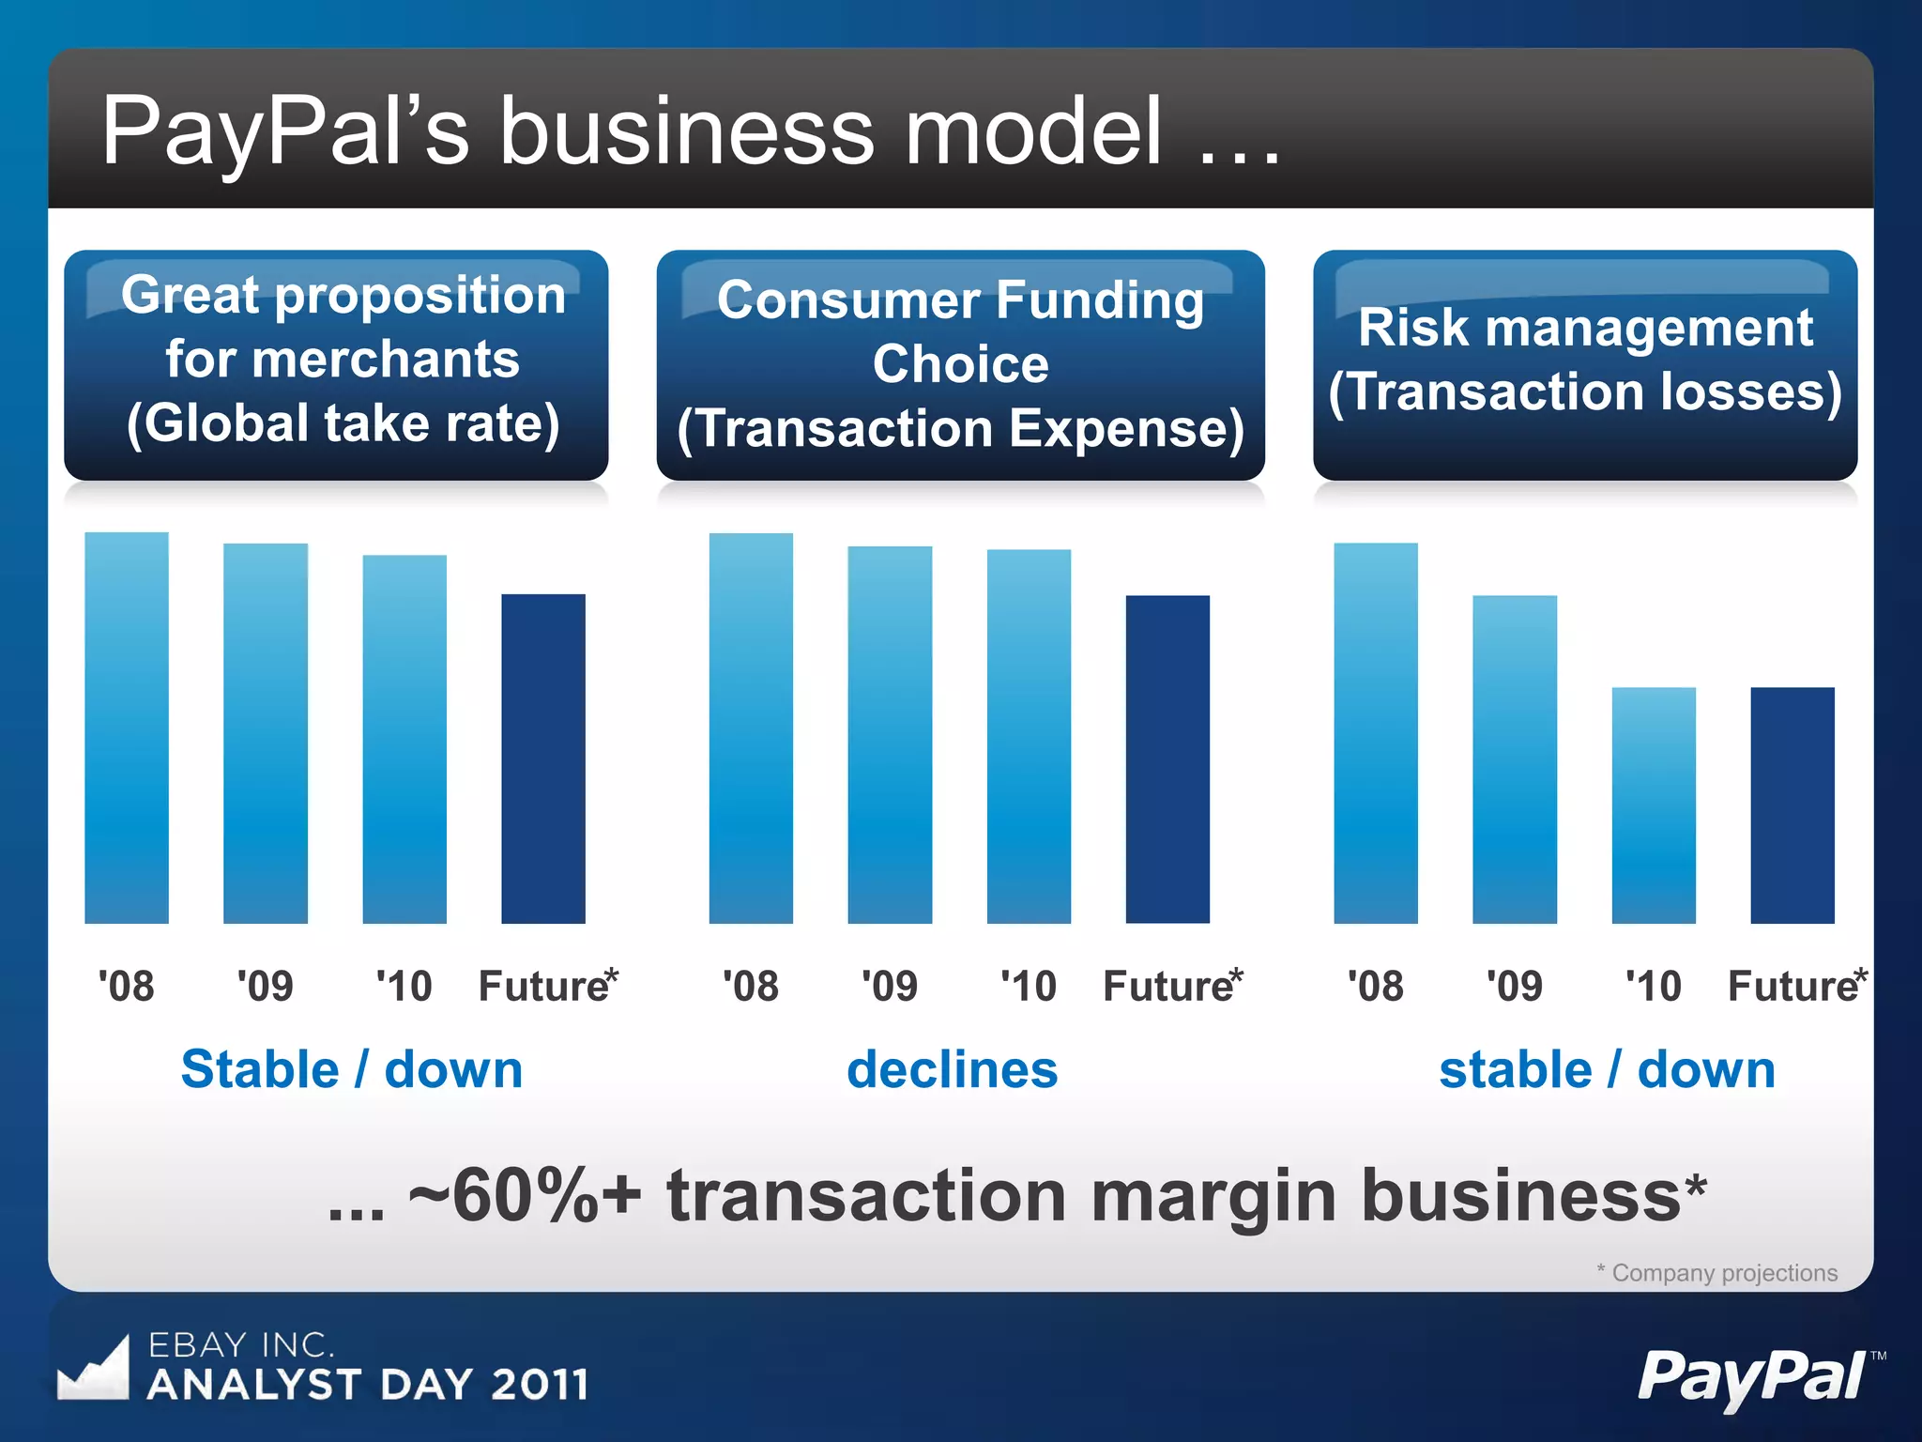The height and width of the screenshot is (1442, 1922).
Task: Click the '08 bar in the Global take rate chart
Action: click(127, 728)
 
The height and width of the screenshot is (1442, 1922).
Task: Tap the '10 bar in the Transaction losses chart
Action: click(1654, 805)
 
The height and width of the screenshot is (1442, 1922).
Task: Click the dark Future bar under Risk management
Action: click(1792, 805)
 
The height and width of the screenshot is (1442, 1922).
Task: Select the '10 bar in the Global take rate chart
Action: click(404, 739)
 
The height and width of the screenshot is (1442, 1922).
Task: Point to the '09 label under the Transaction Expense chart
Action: click(890, 987)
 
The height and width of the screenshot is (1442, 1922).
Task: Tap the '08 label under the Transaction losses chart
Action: click(1376, 987)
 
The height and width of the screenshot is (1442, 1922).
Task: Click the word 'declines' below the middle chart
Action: click(952, 1070)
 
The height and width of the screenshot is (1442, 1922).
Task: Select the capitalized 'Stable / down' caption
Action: click(352, 1070)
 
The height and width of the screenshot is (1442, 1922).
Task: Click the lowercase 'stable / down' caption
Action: click(1607, 1070)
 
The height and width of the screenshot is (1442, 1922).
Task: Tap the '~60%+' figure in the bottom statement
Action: click(525, 1197)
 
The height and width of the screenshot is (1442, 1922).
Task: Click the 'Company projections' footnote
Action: click(1723, 1273)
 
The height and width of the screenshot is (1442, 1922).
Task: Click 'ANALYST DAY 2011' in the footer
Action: click(368, 1385)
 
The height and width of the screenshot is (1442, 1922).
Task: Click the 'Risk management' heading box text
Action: click(1585, 328)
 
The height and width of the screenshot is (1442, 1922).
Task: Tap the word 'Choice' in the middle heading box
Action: click(960, 364)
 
